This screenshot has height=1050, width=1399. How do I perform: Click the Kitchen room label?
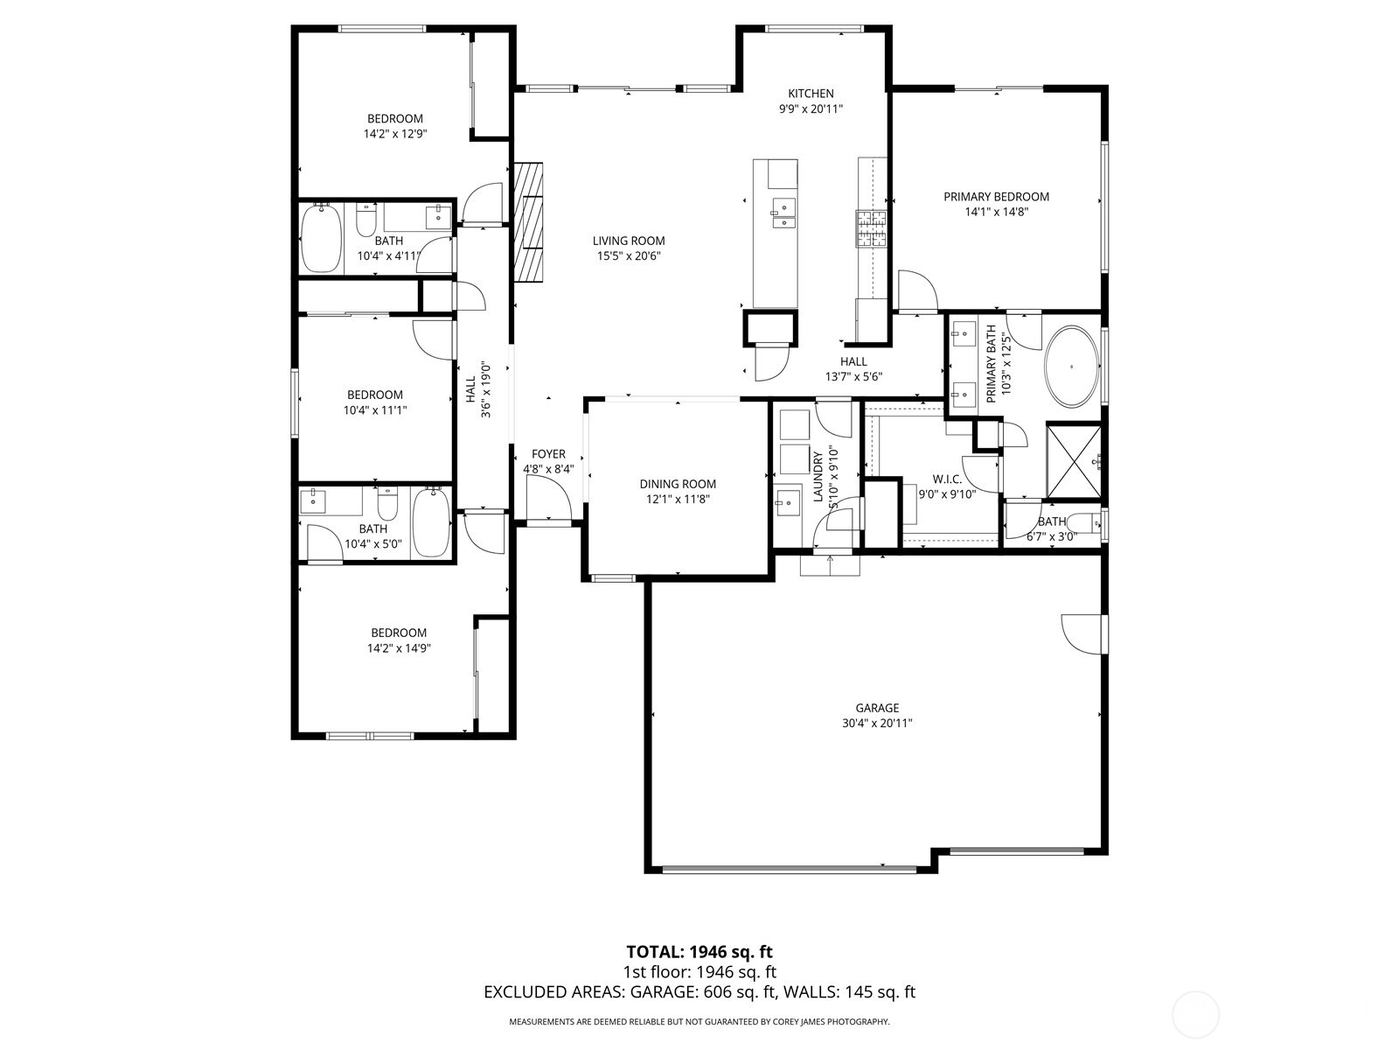coord(811,94)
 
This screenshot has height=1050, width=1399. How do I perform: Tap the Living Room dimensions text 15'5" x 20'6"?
coord(628,256)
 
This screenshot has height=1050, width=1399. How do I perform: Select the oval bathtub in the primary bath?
coord(1073,366)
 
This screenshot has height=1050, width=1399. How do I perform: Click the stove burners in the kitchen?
coord(871,228)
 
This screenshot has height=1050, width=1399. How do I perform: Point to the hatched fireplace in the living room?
coord(528,222)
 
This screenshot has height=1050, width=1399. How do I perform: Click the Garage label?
coord(877,708)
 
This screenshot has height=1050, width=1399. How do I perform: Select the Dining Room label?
coord(677,484)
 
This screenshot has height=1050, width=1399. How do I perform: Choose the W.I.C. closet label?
coord(947,479)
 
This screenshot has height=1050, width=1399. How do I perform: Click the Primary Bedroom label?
coord(996,197)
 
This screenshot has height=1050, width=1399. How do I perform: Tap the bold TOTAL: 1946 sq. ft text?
coord(699,951)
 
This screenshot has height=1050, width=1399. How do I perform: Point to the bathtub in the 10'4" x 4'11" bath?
coord(321,238)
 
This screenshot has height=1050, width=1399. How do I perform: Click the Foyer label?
coord(548,454)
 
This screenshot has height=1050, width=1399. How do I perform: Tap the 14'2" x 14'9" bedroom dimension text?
coord(398,648)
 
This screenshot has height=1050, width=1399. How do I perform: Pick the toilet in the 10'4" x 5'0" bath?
coord(386,504)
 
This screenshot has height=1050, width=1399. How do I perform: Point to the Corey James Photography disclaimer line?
coord(699,1021)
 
